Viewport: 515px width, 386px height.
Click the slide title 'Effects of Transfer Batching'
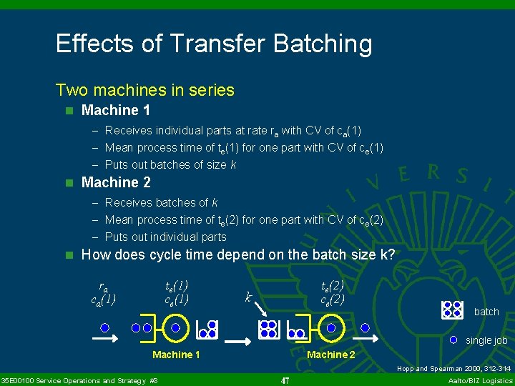click(214, 44)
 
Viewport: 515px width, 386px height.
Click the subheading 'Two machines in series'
click(144, 90)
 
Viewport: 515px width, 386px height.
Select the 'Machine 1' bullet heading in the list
click(115, 110)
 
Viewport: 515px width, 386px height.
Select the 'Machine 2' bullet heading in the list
click(115, 182)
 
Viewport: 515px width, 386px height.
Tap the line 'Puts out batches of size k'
click(170, 164)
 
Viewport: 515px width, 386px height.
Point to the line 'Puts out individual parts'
click(165, 237)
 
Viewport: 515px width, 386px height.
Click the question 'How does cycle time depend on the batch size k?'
click(237, 255)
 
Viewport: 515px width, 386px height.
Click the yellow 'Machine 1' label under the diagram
click(176, 355)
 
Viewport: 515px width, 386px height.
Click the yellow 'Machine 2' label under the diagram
click(331, 355)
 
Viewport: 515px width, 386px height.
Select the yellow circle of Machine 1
click(176, 328)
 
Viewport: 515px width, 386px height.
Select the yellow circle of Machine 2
click(330, 328)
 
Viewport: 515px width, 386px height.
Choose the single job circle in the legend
click(453, 340)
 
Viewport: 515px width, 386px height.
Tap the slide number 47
click(285, 381)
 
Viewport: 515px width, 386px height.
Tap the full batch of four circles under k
click(268, 329)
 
